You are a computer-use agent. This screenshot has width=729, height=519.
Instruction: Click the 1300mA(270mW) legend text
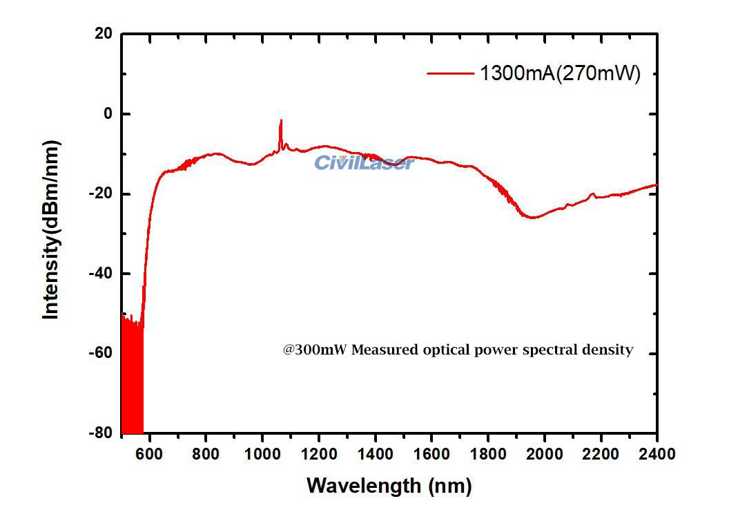[560, 73]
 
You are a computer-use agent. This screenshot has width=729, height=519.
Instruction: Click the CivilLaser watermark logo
[364, 163]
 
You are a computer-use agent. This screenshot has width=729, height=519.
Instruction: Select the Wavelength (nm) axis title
[389, 485]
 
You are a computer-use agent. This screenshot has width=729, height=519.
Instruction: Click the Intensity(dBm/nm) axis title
[51, 229]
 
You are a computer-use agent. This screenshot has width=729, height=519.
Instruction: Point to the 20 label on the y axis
[104, 33]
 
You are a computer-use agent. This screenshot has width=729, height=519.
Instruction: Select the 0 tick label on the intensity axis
[107, 113]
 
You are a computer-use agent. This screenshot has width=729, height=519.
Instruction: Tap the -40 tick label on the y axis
[100, 274]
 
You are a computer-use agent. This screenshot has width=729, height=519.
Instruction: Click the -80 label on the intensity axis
[100, 433]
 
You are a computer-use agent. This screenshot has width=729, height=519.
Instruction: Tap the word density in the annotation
[608, 350]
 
